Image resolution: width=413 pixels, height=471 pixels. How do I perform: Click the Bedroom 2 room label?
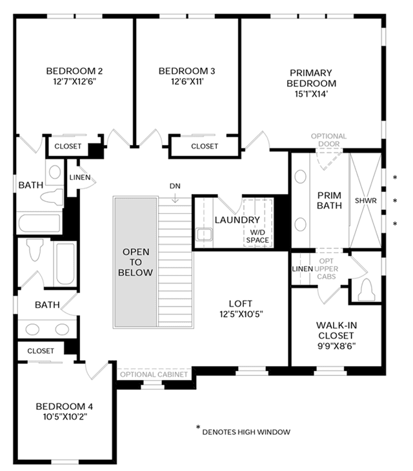(x=74, y=71)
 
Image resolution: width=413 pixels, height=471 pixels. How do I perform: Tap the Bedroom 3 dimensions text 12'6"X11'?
(x=187, y=82)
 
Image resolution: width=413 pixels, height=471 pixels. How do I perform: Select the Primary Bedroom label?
(x=311, y=78)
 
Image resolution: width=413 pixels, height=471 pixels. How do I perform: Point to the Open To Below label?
(x=136, y=262)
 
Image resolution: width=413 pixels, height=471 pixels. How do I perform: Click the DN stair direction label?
(x=175, y=186)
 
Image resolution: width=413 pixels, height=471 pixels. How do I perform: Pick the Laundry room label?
(x=237, y=220)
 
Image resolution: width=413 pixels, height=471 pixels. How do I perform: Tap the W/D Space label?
(x=257, y=236)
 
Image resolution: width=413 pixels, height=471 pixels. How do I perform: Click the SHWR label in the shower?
(x=366, y=200)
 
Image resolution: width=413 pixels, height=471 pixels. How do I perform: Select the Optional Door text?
(x=328, y=140)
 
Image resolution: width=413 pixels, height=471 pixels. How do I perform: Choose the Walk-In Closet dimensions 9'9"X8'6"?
(x=337, y=347)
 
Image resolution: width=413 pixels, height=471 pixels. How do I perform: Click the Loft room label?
(x=240, y=303)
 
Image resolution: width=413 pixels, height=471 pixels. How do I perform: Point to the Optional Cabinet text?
(x=154, y=374)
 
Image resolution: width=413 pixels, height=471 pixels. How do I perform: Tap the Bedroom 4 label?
(x=65, y=407)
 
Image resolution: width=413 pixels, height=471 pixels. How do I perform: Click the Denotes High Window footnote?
(x=247, y=432)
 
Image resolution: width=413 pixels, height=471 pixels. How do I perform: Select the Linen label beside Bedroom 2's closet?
(x=80, y=178)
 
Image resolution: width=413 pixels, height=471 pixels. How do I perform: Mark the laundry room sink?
(x=204, y=235)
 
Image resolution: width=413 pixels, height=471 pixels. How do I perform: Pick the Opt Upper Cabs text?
(x=326, y=269)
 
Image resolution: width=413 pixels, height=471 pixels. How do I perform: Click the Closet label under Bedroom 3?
(x=205, y=146)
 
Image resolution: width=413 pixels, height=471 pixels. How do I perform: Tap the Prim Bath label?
(x=329, y=200)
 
